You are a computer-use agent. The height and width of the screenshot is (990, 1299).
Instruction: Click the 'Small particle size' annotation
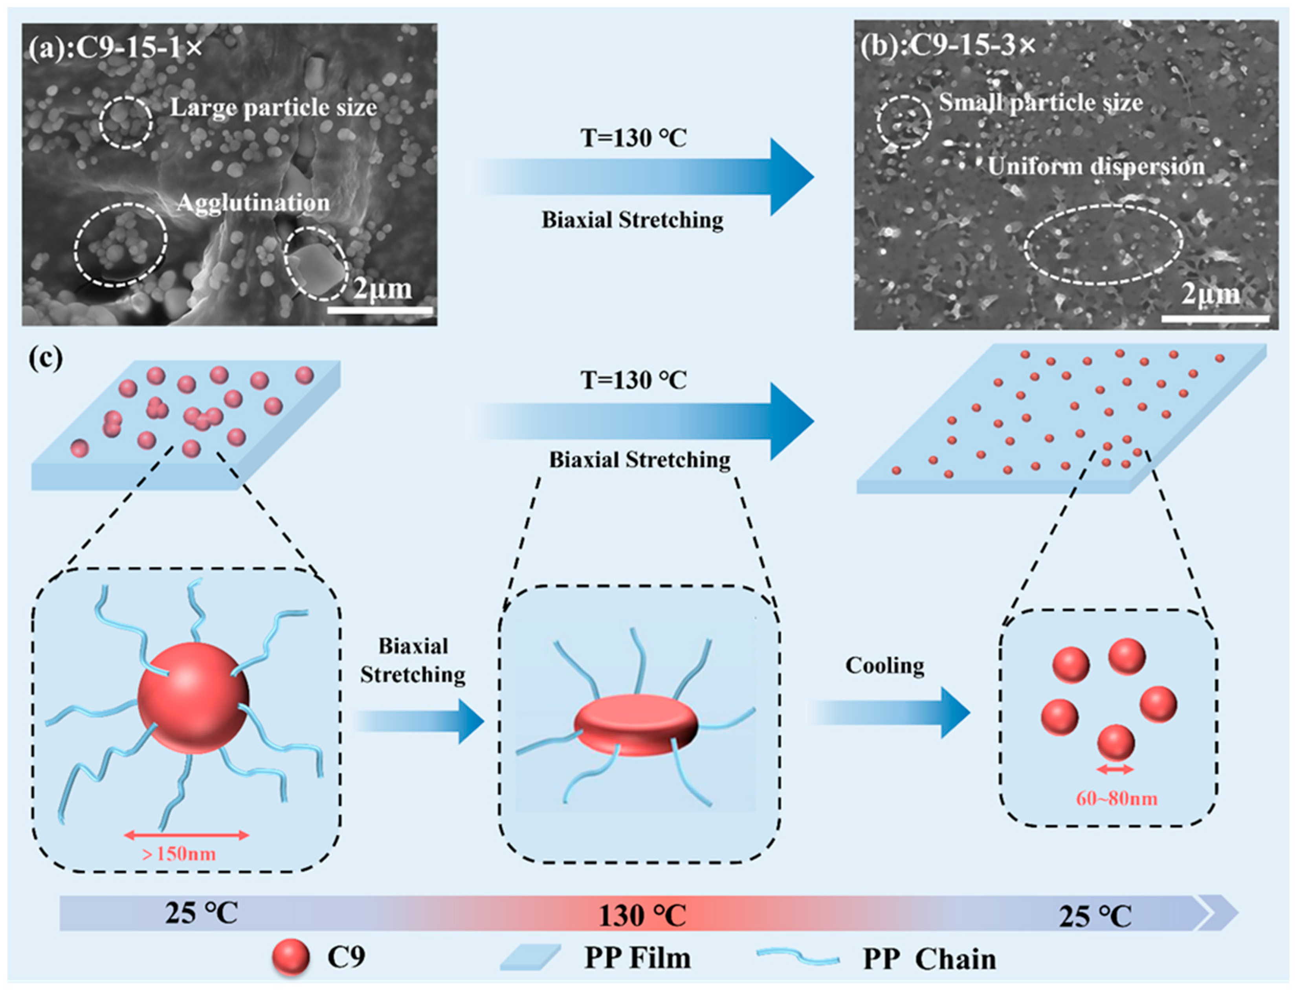click(1041, 103)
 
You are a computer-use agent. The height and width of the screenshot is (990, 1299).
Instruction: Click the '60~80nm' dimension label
click(1116, 798)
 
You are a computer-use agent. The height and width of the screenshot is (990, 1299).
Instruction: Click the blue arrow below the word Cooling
click(890, 713)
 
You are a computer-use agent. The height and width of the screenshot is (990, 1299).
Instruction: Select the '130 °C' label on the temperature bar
click(642, 916)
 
